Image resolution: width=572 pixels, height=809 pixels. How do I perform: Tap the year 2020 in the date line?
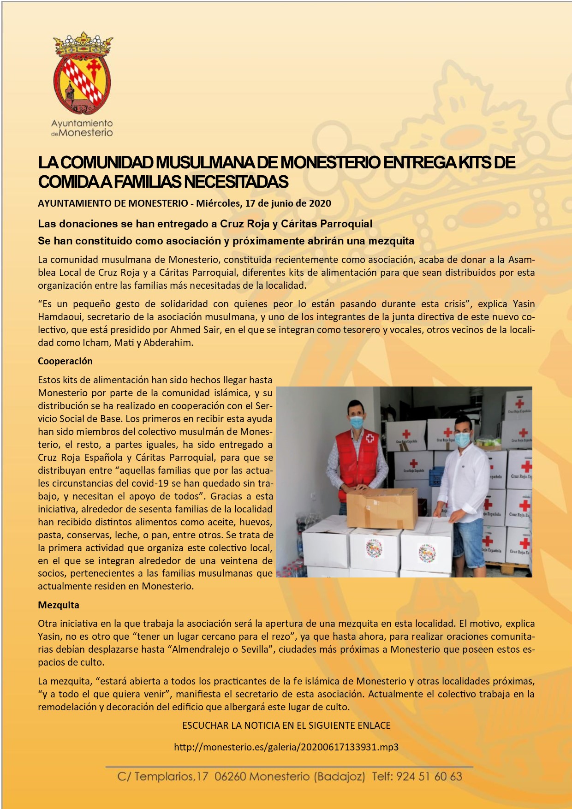tap(320, 203)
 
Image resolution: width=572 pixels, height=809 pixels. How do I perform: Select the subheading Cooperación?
tap(65, 361)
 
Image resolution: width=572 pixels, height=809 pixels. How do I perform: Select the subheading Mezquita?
tap(59, 605)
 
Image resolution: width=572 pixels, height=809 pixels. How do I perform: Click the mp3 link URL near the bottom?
tap(286, 747)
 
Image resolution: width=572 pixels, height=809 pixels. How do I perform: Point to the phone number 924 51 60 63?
tap(429, 776)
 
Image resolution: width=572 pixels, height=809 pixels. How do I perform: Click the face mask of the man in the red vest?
tap(357, 422)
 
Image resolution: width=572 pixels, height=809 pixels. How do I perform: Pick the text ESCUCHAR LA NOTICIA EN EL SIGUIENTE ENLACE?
tap(286, 725)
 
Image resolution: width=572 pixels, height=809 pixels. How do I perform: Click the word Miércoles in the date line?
tap(217, 203)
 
